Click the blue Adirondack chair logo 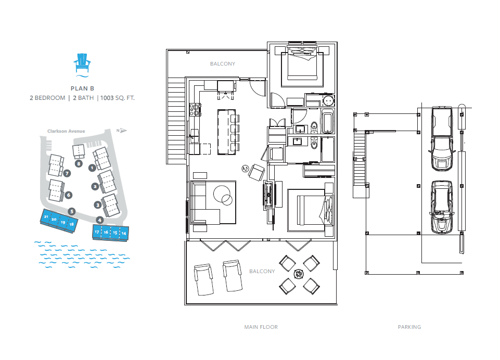82,65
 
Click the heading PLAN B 82,88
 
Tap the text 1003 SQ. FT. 118,98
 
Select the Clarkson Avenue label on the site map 66,131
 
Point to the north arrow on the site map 122,131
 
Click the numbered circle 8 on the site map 79,164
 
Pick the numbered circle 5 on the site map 72,211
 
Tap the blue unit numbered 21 46,216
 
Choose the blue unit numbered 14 124,234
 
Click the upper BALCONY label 223,64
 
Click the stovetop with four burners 195,109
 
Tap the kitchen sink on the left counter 194,136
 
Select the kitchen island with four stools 228,132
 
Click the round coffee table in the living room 223,195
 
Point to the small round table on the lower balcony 299,274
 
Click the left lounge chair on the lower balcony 203,280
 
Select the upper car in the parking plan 442,139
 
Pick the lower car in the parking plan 442,207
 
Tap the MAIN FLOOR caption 261,327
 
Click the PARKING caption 409,327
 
